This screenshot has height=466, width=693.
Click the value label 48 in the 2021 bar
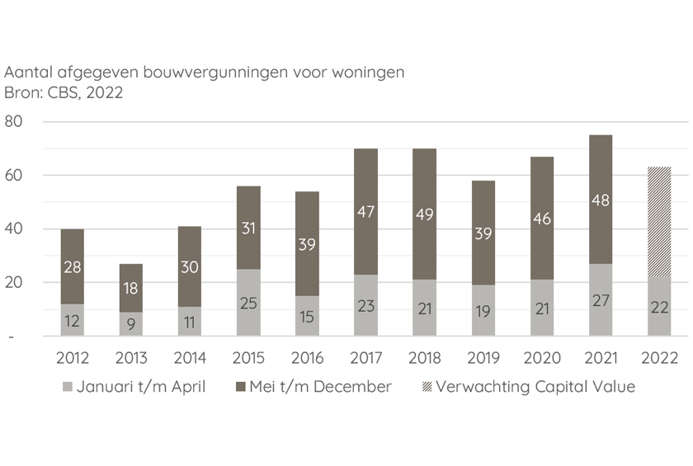[601, 200]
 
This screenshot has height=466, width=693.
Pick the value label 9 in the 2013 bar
[130, 324]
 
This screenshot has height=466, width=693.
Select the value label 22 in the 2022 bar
[659, 308]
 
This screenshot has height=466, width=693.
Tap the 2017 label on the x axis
[366, 358]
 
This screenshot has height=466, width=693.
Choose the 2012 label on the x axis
[72, 358]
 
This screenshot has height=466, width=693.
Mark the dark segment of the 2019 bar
[483, 233]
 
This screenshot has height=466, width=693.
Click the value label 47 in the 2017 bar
[366, 212]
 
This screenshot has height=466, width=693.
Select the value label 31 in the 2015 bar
[248, 228]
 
